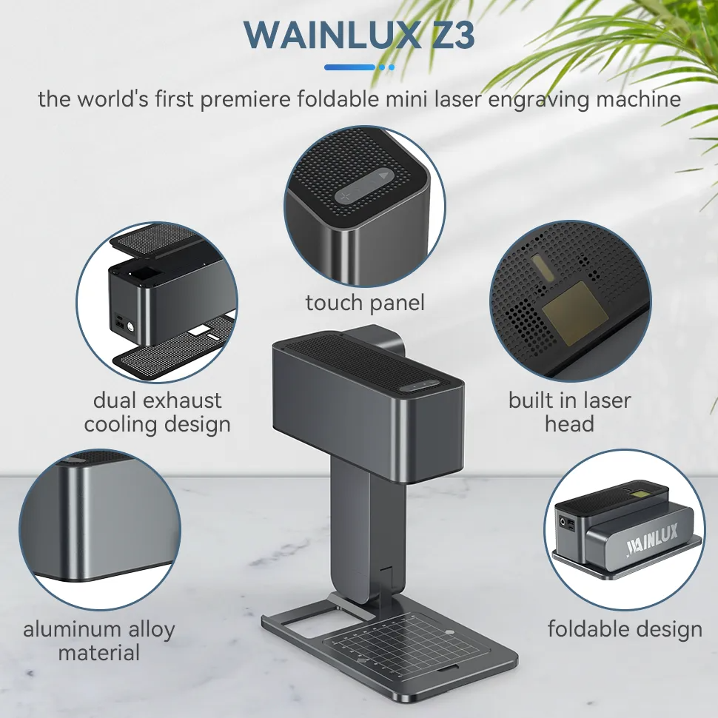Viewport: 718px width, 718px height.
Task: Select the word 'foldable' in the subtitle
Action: (339, 98)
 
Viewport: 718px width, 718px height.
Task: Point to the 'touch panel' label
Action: (365, 303)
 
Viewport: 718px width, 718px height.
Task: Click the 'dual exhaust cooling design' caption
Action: (157, 412)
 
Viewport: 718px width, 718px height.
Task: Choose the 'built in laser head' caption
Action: (569, 412)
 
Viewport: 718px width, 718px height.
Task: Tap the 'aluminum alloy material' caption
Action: (99, 641)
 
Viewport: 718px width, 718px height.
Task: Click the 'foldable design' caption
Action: (625, 629)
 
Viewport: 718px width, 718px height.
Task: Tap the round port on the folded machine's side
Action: (569, 523)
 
